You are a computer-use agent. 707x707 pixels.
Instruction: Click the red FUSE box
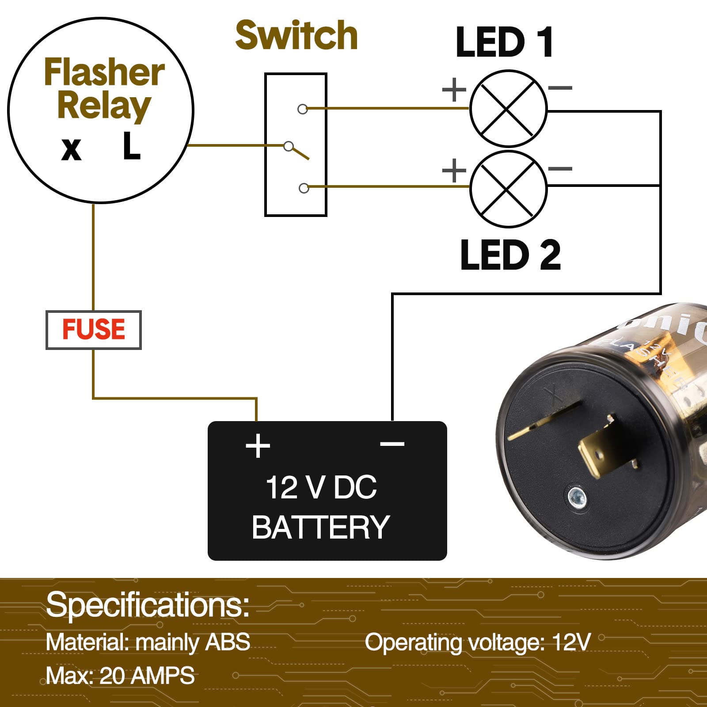tap(94, 330)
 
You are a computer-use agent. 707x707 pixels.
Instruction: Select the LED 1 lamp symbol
tap(508, 108)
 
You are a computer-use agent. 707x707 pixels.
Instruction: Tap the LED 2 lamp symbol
tap(508, 189)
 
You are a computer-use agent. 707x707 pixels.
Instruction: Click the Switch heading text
tap(296, 35)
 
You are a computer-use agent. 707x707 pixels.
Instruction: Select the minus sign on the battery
tap(392, 443)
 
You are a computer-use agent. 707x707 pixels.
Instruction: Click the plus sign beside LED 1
tap(454, 90)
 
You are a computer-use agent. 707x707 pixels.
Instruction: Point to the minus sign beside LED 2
tap(560, 168)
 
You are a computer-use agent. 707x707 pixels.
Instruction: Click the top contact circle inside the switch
tap(303, 109)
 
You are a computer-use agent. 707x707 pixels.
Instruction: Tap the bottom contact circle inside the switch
tap(304, 188)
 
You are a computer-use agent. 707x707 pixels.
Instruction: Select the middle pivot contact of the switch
tap(289, 146)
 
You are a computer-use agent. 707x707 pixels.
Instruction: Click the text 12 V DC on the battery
tap(321, 487)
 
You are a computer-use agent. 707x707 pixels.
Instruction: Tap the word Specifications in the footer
tap(148, 605)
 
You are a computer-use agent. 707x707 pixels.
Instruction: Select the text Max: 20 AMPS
tap(120, 676)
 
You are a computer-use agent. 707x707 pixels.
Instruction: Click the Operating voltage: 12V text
tap(478, 642)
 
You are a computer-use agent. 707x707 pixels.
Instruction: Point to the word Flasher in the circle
tap(104, 72)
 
